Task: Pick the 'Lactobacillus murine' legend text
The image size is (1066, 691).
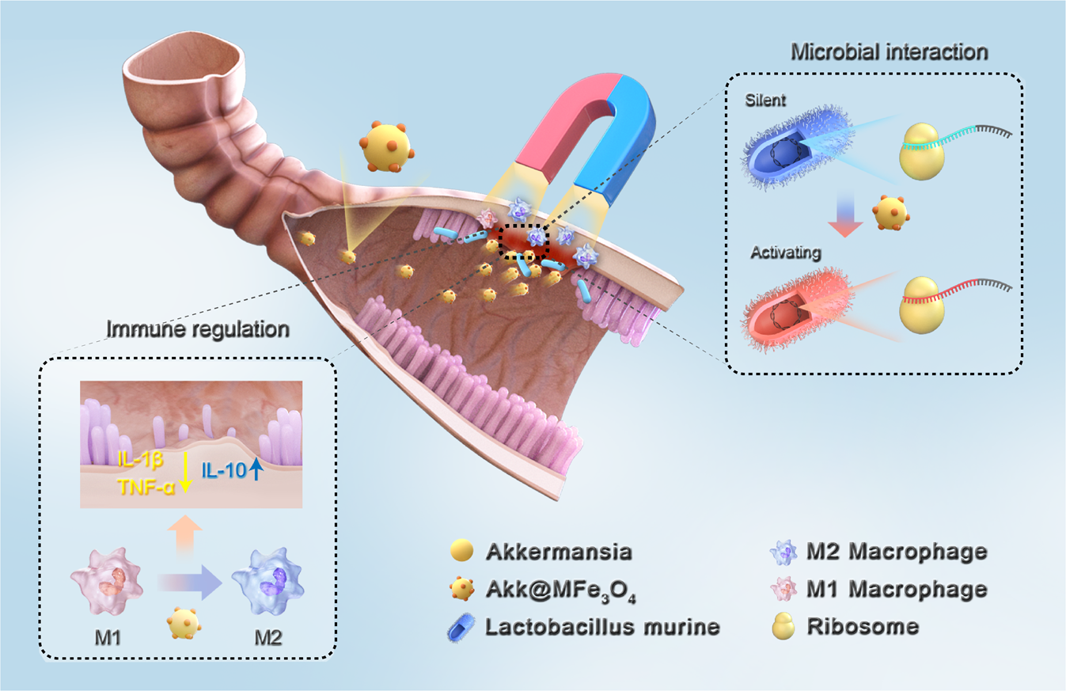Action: point(602,626)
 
